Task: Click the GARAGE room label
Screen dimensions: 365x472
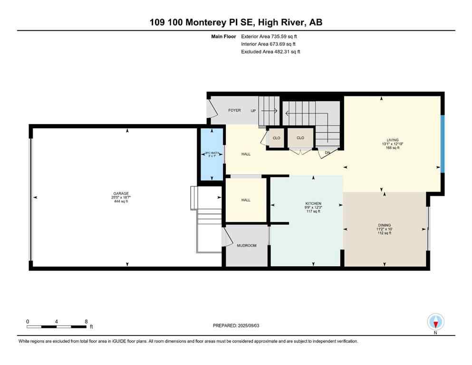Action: (121, 193)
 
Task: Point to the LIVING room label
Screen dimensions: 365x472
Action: (392, 140)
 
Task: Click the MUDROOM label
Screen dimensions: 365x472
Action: (247, 246)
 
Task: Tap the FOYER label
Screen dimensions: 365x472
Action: (234, 110)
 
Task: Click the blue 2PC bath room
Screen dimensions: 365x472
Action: (211, 154)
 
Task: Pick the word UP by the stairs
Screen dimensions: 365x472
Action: (253, 110)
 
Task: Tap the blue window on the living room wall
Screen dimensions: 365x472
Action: (442, 143)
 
